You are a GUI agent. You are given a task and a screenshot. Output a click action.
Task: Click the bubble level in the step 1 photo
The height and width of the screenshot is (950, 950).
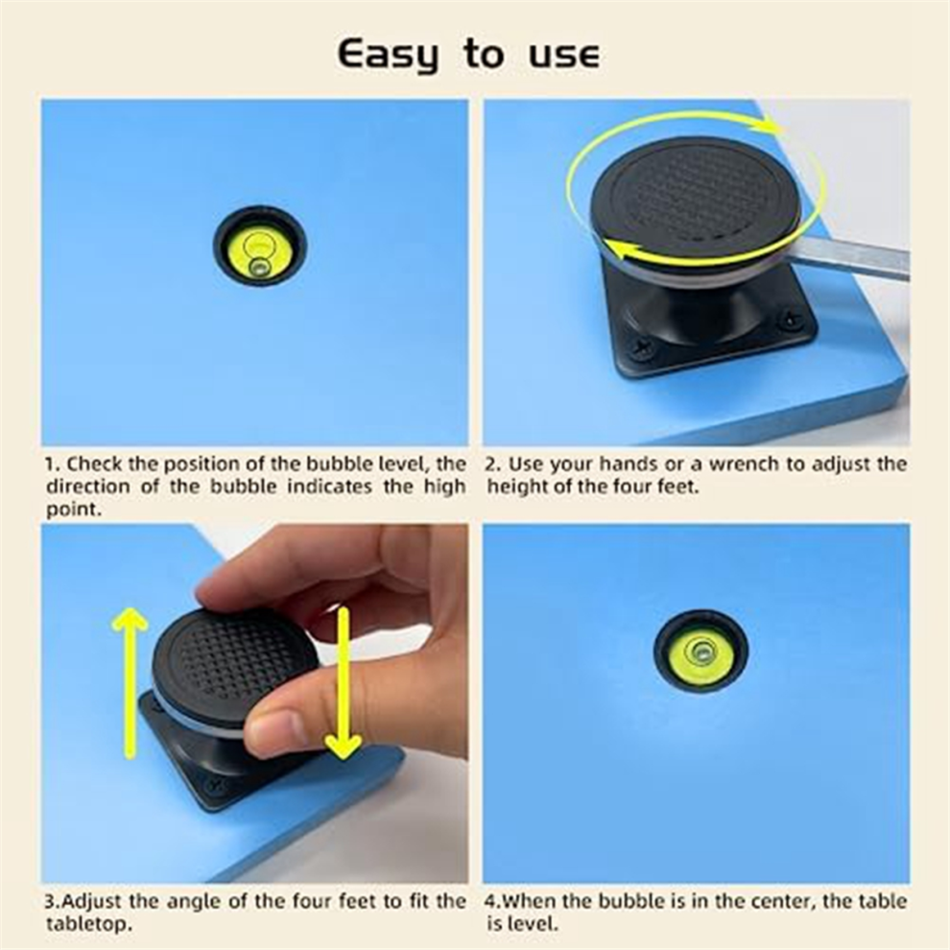pyautogui.click(x=260, y=246)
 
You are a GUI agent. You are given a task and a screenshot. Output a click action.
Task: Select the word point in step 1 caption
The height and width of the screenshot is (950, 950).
pyautogui.click(x=73, y=510)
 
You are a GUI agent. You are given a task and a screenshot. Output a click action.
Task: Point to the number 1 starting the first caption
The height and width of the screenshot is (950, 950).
pyautogui.click(x=52, y=464)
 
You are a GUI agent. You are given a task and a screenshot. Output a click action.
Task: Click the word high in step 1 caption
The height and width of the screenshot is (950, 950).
pyautogui.click(x=444, y=487)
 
